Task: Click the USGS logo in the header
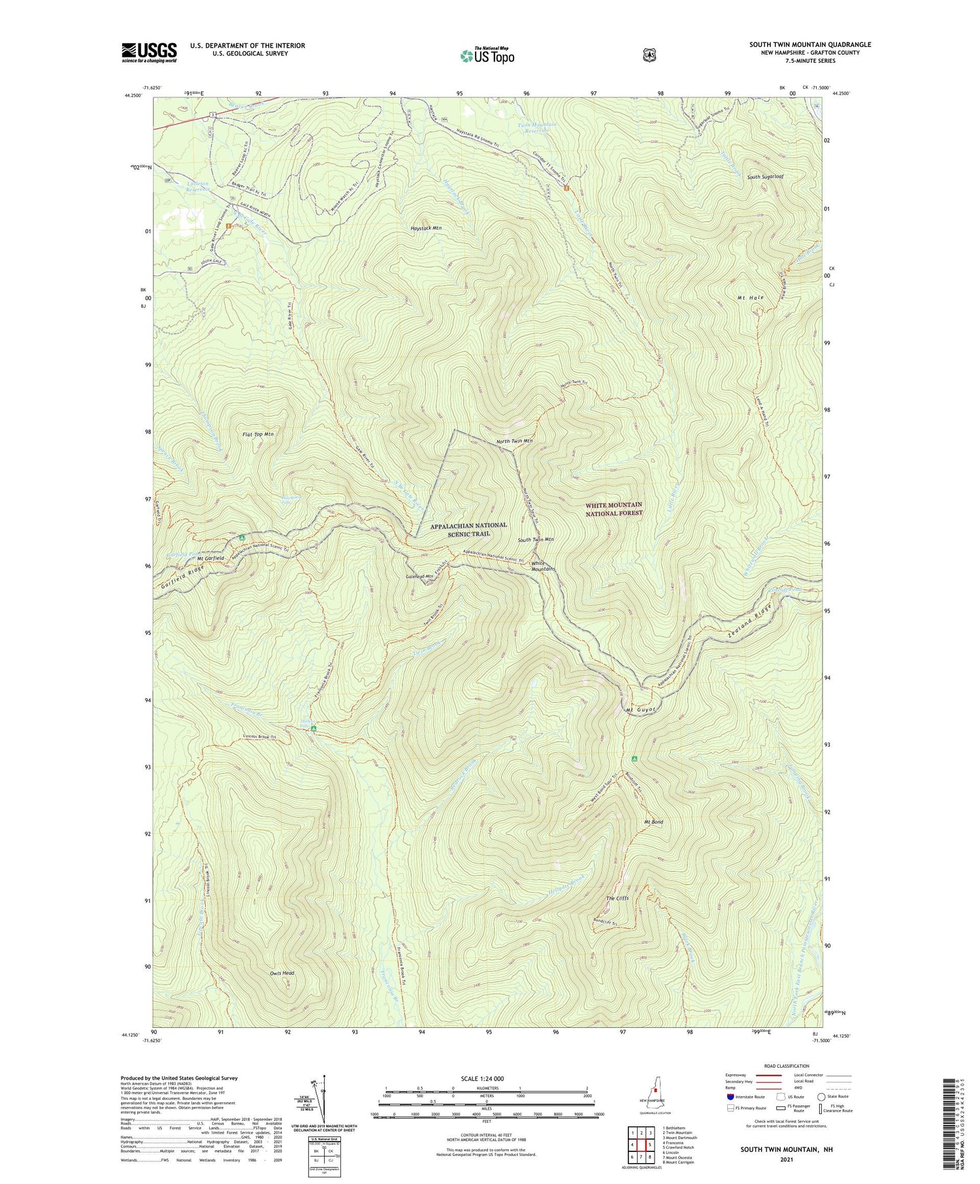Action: [x=149, y=52]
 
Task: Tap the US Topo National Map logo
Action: [x=487, y=56]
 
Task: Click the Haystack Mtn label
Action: [x=426, y=228]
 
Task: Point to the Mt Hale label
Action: [x=751, y=298]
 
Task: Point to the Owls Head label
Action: [x=282, y=973]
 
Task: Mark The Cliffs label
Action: [x=617, y=899]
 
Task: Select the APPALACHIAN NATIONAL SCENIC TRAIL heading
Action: [x=468, y=529]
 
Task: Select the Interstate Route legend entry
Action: [x=747, y=1096]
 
